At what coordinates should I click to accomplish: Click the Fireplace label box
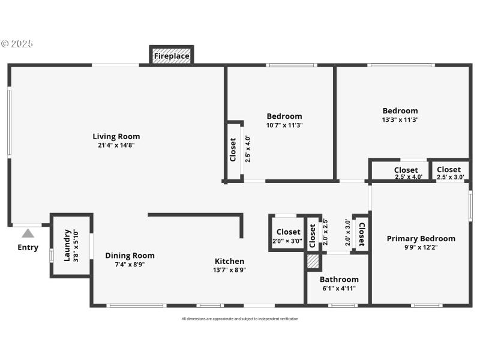pos(172,56)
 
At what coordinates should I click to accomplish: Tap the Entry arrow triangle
pos(28,233)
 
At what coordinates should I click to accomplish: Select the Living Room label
pos(116,136)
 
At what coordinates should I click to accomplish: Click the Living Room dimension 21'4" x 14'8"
pos(116,145)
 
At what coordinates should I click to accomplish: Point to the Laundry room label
pos(67,245)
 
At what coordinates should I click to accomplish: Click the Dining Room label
pos(130,255)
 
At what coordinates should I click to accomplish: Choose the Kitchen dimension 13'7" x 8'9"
pos(229,270)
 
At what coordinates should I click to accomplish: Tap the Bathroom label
pos(339,279)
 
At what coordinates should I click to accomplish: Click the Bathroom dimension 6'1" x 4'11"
pos(339,288)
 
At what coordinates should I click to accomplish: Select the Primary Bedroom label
pos(421,238)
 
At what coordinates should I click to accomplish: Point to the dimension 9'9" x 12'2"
pos(421,247)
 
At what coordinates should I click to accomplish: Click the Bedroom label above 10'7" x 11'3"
pos(284,116)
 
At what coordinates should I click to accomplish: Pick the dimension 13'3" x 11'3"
pos(400,119)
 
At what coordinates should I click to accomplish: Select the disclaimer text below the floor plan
pos(239,319)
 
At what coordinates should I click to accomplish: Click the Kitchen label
pos(229,261)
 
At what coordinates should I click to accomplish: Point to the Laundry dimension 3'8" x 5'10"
pos(76,245)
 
